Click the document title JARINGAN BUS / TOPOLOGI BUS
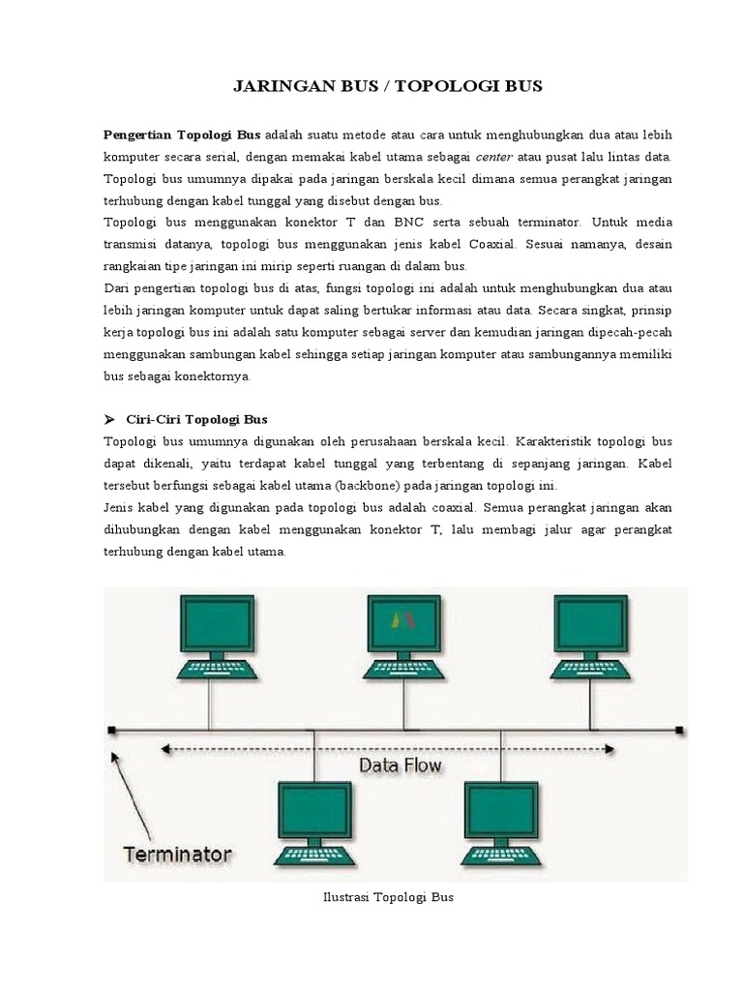tap(388, 87)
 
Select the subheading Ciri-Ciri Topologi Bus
tap(197, 419)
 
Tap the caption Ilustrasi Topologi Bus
tap(387, 897)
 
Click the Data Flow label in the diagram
tap(400, 766)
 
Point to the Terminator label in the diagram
tap(177, 855)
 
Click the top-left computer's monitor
tap(218, 624)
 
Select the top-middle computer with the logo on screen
tap(404, 624)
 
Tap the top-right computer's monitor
tap(591, 624)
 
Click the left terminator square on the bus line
tap(112, 730)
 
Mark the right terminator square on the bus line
tap(680, 730)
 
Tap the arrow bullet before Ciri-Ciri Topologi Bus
tap(108, 419)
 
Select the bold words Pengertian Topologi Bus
tap(182, 134)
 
